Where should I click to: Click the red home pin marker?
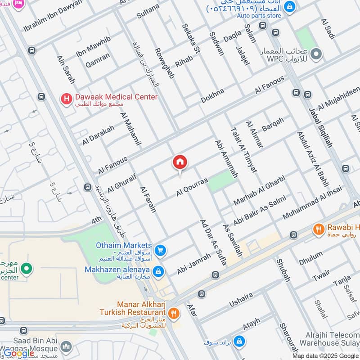(x=180, y=162)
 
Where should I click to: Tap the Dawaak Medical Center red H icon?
(x=67, y=98)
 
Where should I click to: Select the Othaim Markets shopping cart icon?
(x=159, y=250)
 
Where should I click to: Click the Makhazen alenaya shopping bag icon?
(x=158, y=271)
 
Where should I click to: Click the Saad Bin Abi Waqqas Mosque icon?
(x=67, y=346)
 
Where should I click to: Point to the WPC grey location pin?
(x=316, y=54)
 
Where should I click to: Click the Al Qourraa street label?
(x=192, y=186)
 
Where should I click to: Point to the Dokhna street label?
(x=212, y=96)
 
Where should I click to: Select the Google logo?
(x=19, y=353)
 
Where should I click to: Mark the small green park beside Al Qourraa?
(x=222, y=181)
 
